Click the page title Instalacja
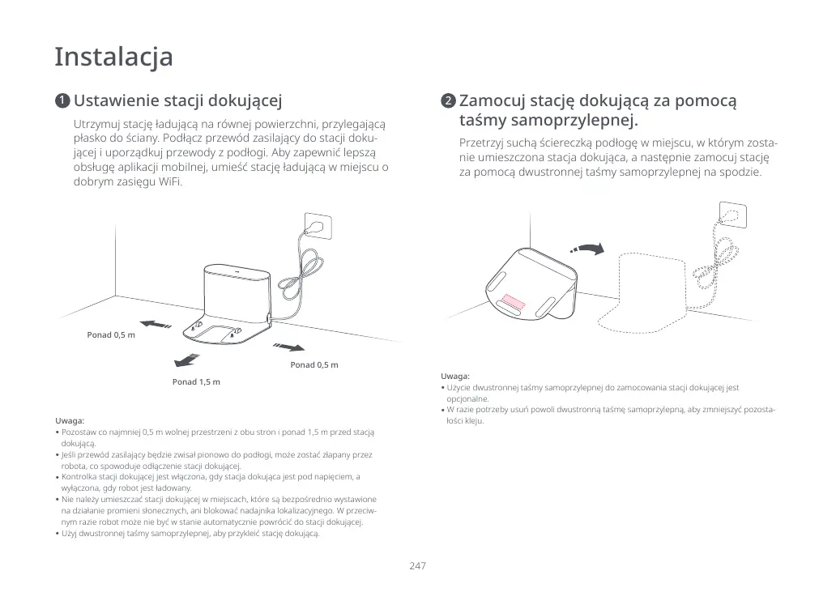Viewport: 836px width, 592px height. coord(113,57)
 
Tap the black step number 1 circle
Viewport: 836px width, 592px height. coord(62,101)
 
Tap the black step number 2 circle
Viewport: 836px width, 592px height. coord(447,101)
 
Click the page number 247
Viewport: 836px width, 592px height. coord(417,565)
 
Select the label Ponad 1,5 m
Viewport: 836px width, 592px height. coord(196,381)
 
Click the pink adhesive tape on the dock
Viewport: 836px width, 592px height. coord(513,302)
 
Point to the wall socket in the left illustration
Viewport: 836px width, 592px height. coord(317,224)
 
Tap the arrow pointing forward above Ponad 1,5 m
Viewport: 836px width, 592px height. coord(187,359)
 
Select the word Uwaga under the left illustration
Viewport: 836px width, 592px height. coord(70,421)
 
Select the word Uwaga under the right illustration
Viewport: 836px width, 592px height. coord(455,377)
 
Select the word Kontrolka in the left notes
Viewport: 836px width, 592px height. coord(79,477)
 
